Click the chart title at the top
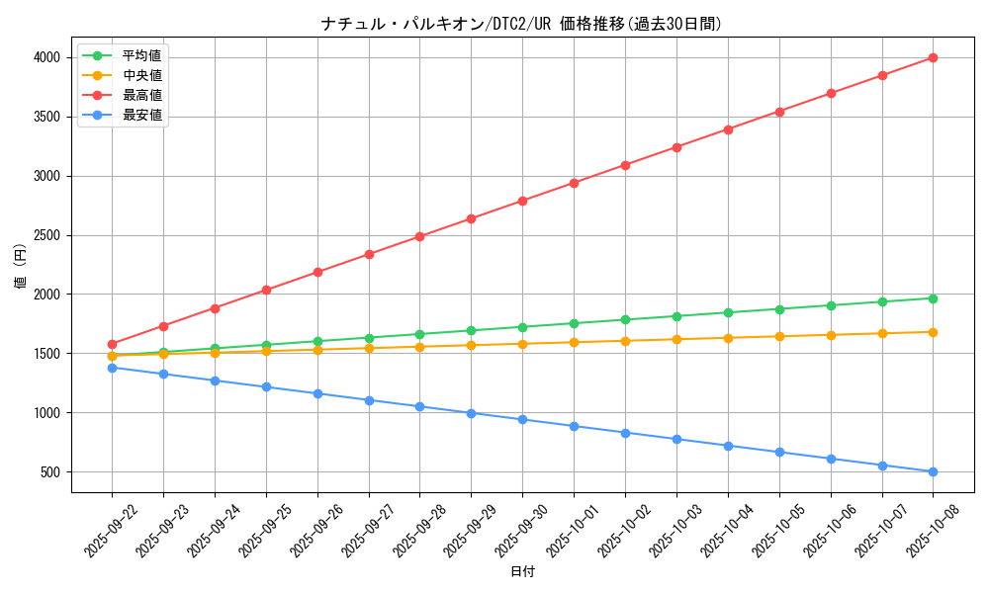click(x=521, y=24)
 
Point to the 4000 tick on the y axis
click(x=45, y=57)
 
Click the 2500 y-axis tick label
click(x=45, y=235)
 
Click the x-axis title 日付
click(x=521, y=572)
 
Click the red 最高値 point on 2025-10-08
click(x=933, y=57)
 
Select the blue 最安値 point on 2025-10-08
click(x=933, y=471)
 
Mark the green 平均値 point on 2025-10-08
click(x=933, y=298)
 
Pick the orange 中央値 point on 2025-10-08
click(x=933, y=332)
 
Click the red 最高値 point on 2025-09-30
click(x=522, y=201)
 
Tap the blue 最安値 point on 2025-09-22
click(x=112, y=368)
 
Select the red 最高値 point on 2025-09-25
click(x=266, y=290)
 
